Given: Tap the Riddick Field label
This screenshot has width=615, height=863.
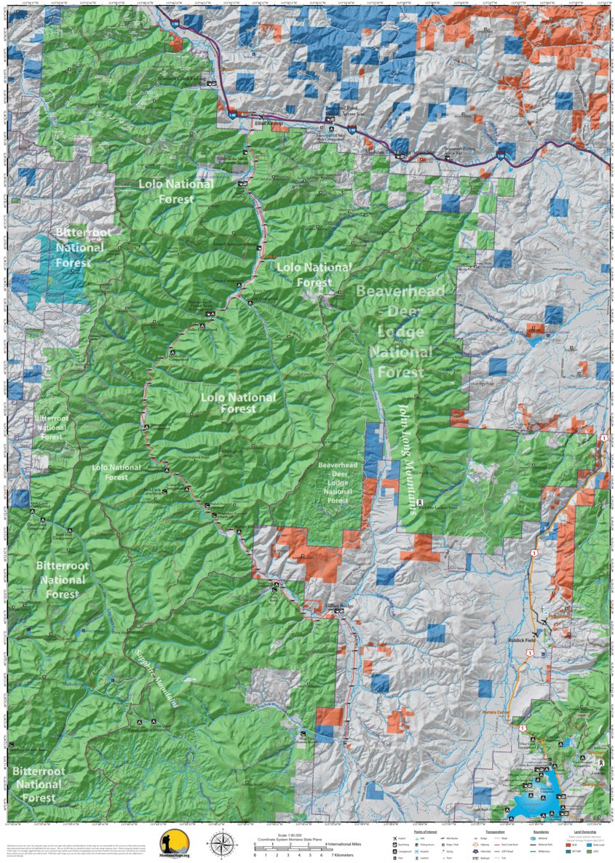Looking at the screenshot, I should (520, 640).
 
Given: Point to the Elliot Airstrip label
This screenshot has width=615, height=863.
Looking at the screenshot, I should (267, 124).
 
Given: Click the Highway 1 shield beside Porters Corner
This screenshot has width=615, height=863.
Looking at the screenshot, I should (522, 725).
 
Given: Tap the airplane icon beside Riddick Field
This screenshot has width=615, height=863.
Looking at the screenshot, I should (536, 634).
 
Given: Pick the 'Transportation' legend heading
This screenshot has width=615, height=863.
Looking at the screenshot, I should (495, 830).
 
